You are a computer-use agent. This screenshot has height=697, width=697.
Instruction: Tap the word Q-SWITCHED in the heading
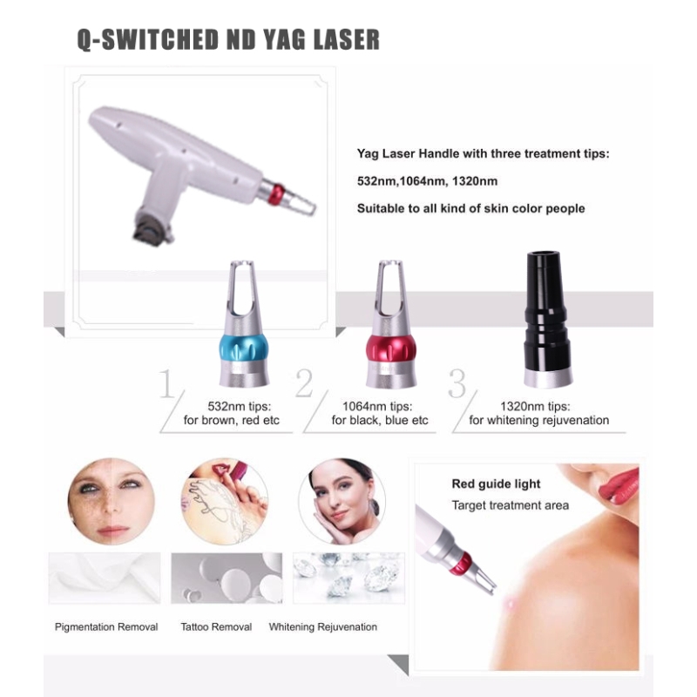[148, 40]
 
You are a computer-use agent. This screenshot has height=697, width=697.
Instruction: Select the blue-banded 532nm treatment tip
[244, 323]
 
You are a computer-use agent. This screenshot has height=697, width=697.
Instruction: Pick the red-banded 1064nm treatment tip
[391, 323]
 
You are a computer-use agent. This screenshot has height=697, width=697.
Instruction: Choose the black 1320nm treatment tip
[545, 319]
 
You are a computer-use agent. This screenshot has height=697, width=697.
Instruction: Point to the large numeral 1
[166, 383]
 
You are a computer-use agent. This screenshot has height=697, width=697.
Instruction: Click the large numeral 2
[304, 383]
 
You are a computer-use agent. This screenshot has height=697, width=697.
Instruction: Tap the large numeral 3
[457, 383]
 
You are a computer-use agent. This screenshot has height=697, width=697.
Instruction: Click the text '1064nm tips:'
[377, 406]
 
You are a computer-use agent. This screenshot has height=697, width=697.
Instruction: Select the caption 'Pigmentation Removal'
[106, 626]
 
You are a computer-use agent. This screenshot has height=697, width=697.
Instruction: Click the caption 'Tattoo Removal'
[216, 626]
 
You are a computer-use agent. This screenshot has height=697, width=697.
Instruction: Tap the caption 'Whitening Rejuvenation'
[322, 626]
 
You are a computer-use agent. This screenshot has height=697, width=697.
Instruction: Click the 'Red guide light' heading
[496, 484]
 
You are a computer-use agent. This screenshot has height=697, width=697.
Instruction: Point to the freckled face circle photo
[112, 502]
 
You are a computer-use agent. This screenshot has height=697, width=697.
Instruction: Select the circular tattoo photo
[225, 502]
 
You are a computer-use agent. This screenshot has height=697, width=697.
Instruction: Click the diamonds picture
[348, 578]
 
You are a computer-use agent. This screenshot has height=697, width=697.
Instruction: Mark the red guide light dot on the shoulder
[510, 604]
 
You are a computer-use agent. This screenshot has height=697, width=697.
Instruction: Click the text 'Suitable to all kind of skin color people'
[470, 208]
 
